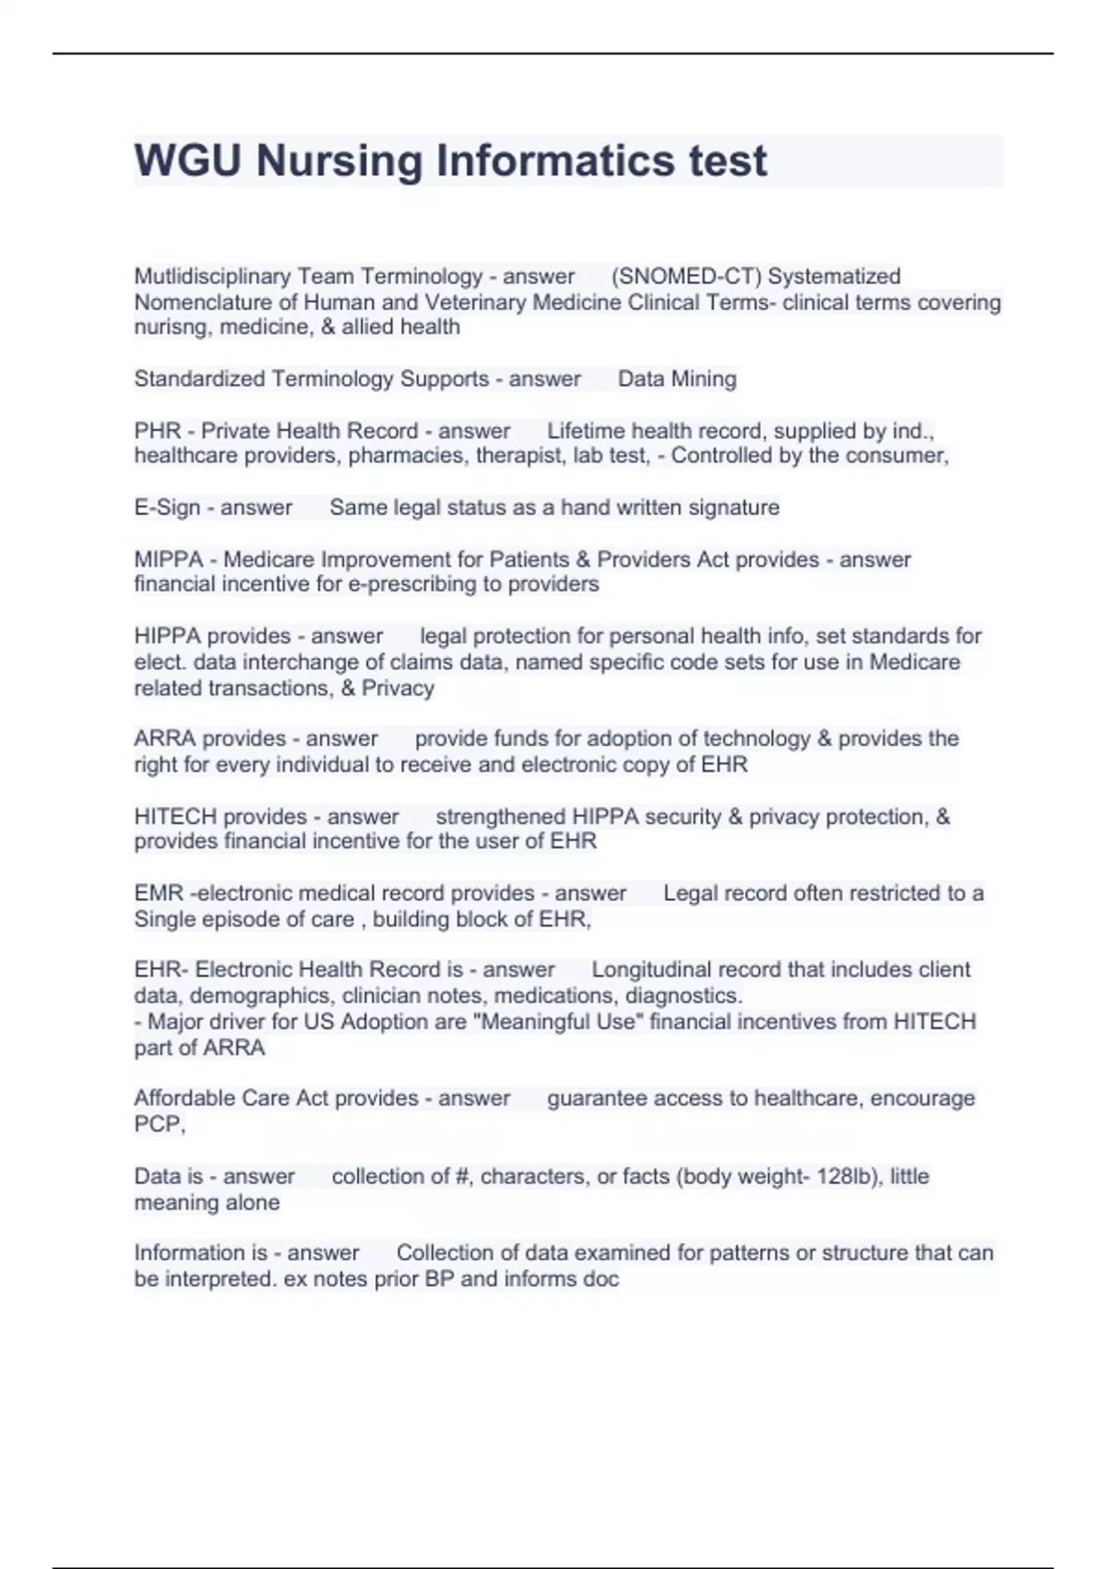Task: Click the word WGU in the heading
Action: click(x=187, y=161)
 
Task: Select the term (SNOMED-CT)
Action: click(x=685, y=276)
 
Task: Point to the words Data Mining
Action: click(x=677, y=378)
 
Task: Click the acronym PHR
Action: click(x=157, y=431)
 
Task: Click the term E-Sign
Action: click(x=167, y=508)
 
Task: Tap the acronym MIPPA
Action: click(x=169, y=559)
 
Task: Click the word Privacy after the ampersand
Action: click(x=398, y=688)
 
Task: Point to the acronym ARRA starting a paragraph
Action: click(x=164, y=738)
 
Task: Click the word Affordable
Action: click(x=184, y=1098)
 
